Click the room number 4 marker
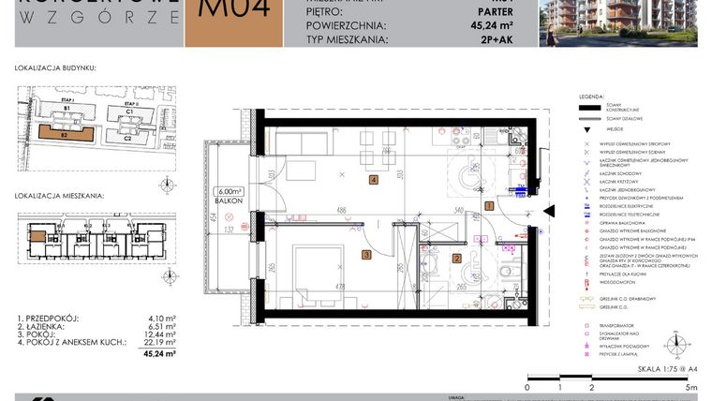[374, 180]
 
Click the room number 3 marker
[367, 254]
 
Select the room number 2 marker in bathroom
[457, 259]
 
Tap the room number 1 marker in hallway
[488, 205]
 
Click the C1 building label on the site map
[132, 112]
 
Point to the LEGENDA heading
[591, 97]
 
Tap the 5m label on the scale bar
[690, 387]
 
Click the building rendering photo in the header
[624, 22]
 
